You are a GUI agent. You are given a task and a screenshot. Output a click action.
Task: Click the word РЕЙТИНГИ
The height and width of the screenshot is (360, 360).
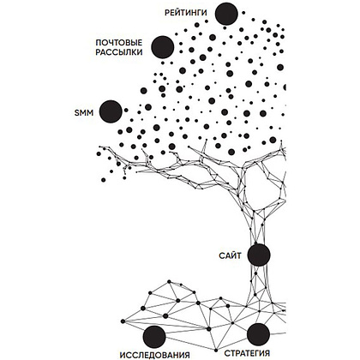pos(185,13)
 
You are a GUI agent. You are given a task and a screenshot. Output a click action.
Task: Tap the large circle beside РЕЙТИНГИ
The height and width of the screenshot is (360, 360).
pos(226,14)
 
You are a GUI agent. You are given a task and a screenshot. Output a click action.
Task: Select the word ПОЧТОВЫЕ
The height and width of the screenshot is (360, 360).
pos(119,43)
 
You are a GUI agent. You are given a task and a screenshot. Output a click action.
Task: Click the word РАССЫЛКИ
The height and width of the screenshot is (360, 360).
pos(119,52)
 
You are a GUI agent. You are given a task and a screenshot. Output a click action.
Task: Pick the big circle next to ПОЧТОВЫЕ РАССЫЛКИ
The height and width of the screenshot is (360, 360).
pos(163,47)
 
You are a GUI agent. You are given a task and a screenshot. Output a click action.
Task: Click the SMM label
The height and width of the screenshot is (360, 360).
pos(84,112)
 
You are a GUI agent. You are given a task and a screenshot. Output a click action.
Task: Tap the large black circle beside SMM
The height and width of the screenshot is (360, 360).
pos(111,111)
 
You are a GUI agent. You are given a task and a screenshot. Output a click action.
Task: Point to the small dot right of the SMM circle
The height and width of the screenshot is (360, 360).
pos(126,110)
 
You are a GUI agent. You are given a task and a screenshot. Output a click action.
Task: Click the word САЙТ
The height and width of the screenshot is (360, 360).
pos(230,255)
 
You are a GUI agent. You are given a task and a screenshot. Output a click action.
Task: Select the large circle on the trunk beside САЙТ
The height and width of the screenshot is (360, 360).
pos(259,255)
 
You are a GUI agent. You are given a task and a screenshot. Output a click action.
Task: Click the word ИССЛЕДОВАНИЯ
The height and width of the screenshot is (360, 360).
pos(154,355)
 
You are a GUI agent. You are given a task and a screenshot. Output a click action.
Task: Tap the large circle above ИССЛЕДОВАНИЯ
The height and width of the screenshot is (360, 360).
pos(154,337)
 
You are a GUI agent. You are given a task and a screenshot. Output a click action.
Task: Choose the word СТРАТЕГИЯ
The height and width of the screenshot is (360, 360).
pos(247,353)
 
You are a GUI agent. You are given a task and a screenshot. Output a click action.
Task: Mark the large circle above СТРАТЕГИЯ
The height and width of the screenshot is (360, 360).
pos(258,334)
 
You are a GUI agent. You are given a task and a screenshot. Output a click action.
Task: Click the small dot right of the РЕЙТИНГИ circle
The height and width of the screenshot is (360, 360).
pos(243,13)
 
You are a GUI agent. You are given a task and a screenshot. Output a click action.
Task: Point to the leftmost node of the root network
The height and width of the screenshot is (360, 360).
pos(123,321)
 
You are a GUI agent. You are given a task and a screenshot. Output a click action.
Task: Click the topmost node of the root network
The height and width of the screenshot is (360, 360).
pos(169,281)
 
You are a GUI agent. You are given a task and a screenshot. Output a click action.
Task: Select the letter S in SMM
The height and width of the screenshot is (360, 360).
pos(77,112)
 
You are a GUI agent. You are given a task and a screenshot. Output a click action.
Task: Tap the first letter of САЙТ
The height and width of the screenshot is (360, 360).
pos(222,255)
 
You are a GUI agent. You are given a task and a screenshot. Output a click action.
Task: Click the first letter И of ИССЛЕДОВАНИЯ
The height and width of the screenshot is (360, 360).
pos(123,355)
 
